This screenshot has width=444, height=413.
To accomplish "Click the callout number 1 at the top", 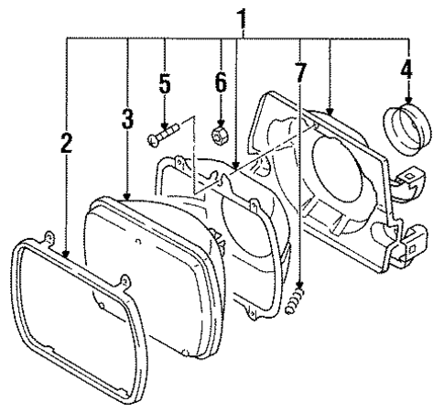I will pos(242,16).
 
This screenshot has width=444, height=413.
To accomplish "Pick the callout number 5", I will pos(165,84).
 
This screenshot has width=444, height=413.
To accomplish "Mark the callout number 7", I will pos(300,70).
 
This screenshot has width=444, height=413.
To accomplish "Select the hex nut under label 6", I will pos(220,135).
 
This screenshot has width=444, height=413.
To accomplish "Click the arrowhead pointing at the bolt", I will pos(165,125).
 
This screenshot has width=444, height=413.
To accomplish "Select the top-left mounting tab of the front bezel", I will pos(45,236).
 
